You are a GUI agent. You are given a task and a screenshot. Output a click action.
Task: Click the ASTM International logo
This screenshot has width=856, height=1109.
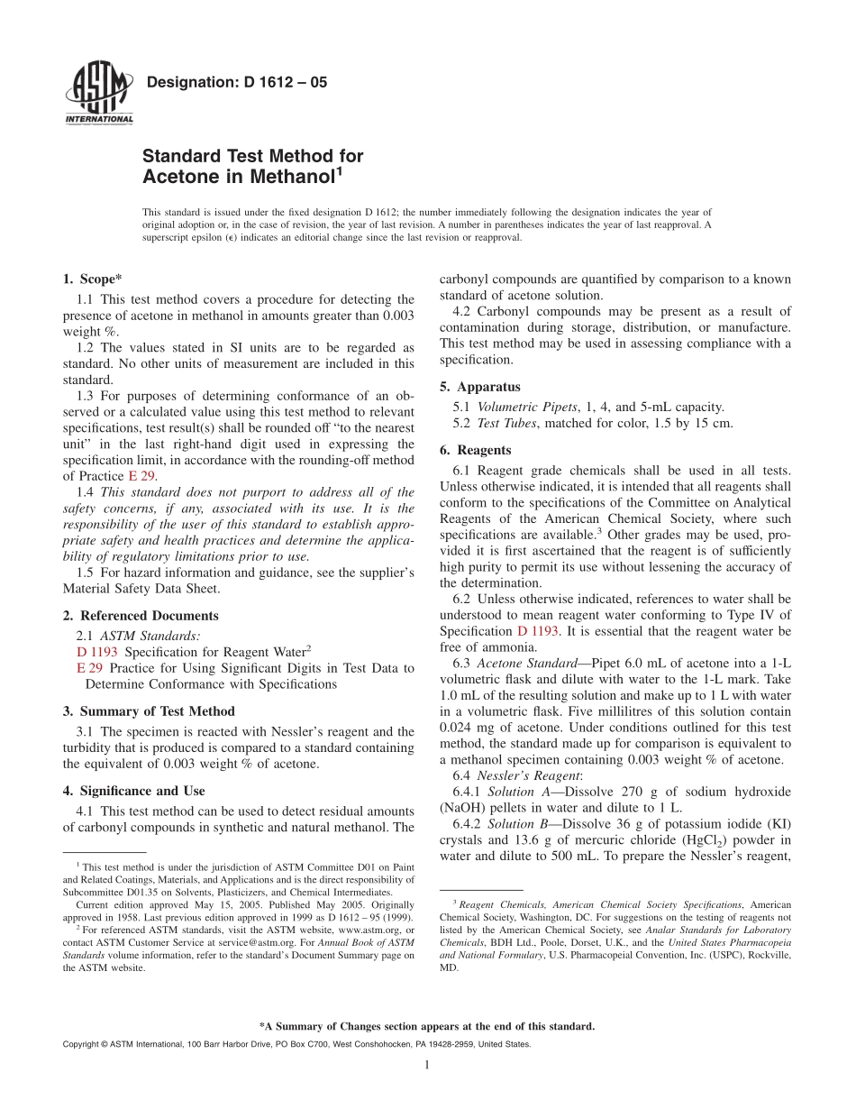(x=98, y=95)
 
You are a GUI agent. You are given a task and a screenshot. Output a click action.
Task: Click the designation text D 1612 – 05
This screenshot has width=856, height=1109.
(x=236, y=83)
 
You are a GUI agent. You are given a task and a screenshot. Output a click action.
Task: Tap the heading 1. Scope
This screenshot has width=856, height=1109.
(x=93, y=280)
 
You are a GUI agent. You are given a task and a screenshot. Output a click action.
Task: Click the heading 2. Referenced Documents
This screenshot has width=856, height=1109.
(x=141, y=616)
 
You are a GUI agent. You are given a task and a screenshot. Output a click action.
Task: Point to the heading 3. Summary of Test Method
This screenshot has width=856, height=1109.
(x=149, y=711)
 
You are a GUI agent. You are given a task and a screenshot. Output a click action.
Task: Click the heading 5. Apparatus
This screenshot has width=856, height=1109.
(x=476, y=387)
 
